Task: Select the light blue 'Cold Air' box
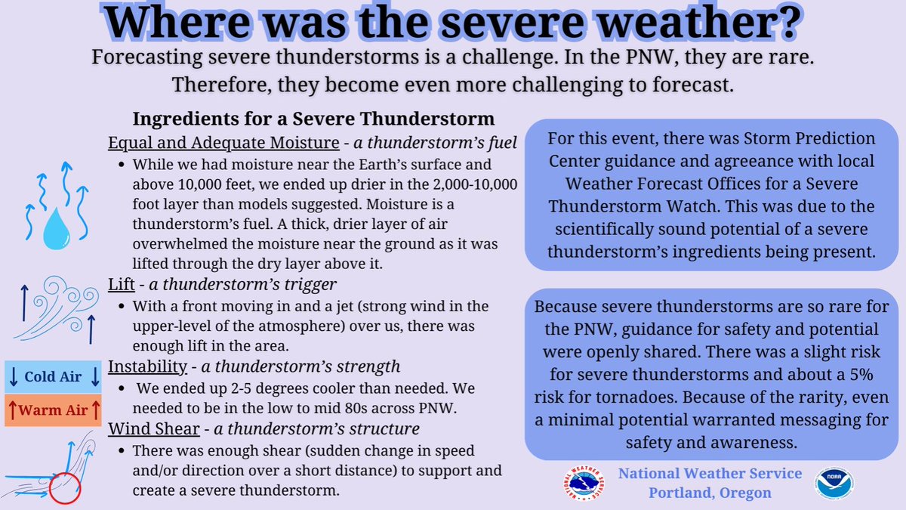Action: (x=53, y=376)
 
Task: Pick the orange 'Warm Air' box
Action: (x=53, y=411)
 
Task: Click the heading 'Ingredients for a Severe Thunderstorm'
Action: (x=313, y=119)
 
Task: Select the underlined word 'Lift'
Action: (x=121, y=285)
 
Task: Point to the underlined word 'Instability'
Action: (x=146, y=367)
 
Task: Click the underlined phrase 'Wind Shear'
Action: (x=149, y=429)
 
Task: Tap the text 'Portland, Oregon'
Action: (x=710, y=493)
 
